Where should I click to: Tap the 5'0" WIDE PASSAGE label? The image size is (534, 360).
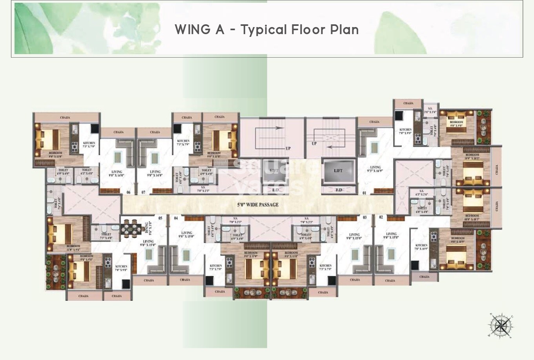point(258,205)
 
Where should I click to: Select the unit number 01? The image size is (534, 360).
point(364,193)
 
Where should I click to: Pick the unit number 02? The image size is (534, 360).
point(380,217)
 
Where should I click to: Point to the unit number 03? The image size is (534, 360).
point(365,217)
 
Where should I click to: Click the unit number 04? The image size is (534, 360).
point(176,218)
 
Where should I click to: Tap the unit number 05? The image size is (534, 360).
point(160,218)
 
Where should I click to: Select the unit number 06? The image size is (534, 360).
point(128,193)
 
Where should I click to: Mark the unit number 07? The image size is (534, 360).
point(144,193)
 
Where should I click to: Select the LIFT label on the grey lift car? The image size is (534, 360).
point(338,171)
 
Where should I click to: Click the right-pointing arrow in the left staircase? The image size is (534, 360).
point(279,127)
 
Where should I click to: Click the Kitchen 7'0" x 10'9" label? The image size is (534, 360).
point(421,247)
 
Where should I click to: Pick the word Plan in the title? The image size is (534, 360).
point(344,30)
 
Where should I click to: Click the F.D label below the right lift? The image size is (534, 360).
point(339,190)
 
